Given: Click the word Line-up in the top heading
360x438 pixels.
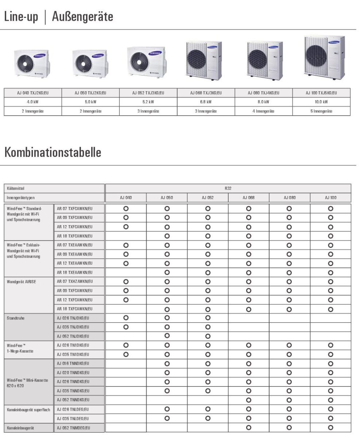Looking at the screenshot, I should pyautogui.click(x=21, y=17).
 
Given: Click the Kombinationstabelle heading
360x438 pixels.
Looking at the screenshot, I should pyautogui.click(x=53, y=152).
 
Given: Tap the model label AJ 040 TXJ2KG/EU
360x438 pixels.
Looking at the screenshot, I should pyautogui.click(x=33, y=93).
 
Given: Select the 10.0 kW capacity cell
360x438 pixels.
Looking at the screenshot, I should pyautogui.click(x=321, y=102).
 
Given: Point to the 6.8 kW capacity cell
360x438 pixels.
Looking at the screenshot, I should pyautogui.click(x=206, y=102).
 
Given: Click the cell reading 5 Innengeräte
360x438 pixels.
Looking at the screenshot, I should pyautogui.click(x=321, y=111).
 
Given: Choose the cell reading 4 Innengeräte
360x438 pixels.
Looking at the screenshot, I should pyautogui.click(x=263, y=111).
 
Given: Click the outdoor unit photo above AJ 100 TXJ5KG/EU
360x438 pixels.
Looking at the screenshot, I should pyautogui.click(x=324, y=57).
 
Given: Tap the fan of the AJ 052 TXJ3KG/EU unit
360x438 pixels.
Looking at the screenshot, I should pyautogui.click(x=138, y=62).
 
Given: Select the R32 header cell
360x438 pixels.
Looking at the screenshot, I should pyautogui.click(x=228, y=189).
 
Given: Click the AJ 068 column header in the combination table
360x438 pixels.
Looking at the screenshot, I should pyautogui.click(x=249, y=198).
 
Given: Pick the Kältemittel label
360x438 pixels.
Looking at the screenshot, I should pyautogui.click(x=15, y=189).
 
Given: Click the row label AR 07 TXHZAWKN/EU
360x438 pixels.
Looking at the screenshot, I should pyautogui.click(x=75, y=282).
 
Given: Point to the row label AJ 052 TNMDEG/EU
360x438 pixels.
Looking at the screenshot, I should pyautogui.click(x=73, y=428).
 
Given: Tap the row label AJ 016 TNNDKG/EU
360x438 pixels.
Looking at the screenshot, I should pyautogui.click(x=73, y=364).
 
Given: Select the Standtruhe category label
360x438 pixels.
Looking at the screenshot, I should pyautogui.click(x=15, y=318).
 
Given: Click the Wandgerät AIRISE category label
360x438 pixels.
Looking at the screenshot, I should pyautogui.click(x=22, y=282).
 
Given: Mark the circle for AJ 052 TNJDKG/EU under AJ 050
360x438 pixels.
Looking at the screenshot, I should pyautogui.click(x=167, y=336).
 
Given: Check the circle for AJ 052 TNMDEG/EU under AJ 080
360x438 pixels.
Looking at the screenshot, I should pyautogui.click(x=289, y=427).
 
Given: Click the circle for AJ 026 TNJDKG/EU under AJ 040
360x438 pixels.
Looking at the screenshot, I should pyautogui.click(x=126, y=318).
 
